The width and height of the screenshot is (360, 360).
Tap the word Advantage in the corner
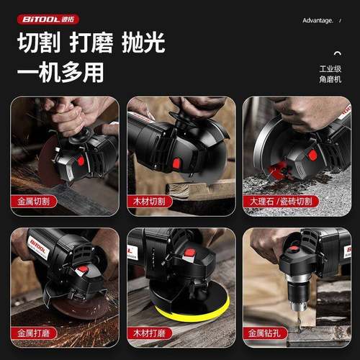coord(318,21)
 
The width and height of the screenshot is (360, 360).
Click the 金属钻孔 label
coord(267,333)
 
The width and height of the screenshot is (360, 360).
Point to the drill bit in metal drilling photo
coord(299,318)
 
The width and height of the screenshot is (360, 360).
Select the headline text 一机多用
coord(60,72)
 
